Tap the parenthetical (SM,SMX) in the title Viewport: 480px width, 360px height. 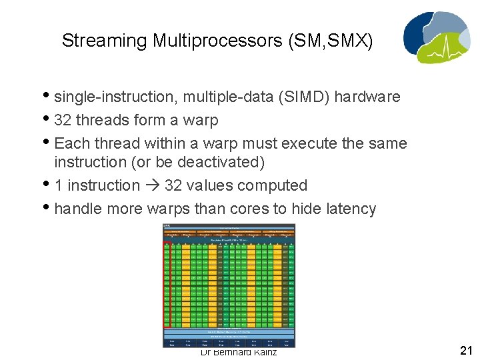[x=331, y=41]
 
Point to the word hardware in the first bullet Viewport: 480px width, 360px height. [x=367, y=97]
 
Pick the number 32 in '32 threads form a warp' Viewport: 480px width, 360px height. [x=63, y=120]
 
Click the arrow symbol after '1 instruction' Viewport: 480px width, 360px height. [x=151, y=185]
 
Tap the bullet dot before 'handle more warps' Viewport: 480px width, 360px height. [x=49, y=209]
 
